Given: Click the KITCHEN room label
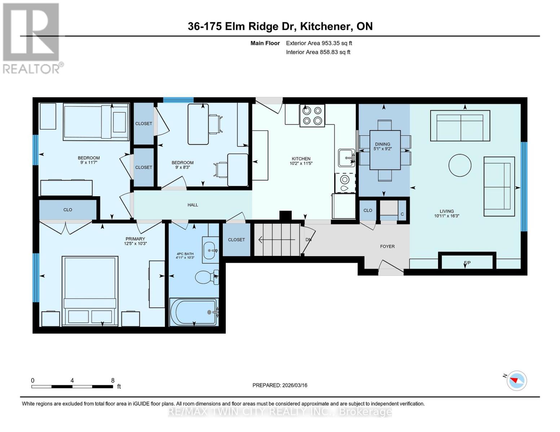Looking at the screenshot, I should click(x=301, y=159).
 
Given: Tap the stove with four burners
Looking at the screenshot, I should click(x=312, y=116).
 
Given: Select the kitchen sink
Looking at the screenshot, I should click(x=346, y=158).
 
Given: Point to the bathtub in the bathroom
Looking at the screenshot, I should click(x=194, y=312).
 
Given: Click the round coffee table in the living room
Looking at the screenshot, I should click(x=460, y=165).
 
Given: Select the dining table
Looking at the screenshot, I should click(x=385, y=150).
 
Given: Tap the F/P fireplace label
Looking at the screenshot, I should click(x=467, y=263).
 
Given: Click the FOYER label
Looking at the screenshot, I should click(x=387, y=247).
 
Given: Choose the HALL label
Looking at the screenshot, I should click(x=193, y=205).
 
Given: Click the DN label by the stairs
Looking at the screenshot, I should click(x=308, y=240).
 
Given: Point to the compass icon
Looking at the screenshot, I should click(x=516, y=380).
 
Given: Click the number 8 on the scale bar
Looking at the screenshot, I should click(x=113, y=381).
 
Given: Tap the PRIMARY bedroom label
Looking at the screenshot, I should click(x=135, y=239).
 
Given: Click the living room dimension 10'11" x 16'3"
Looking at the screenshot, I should click(x=446, y=216).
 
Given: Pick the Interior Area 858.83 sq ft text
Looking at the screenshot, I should click(x=318, y=52).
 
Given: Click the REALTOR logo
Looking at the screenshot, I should click(x=32, y=38).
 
